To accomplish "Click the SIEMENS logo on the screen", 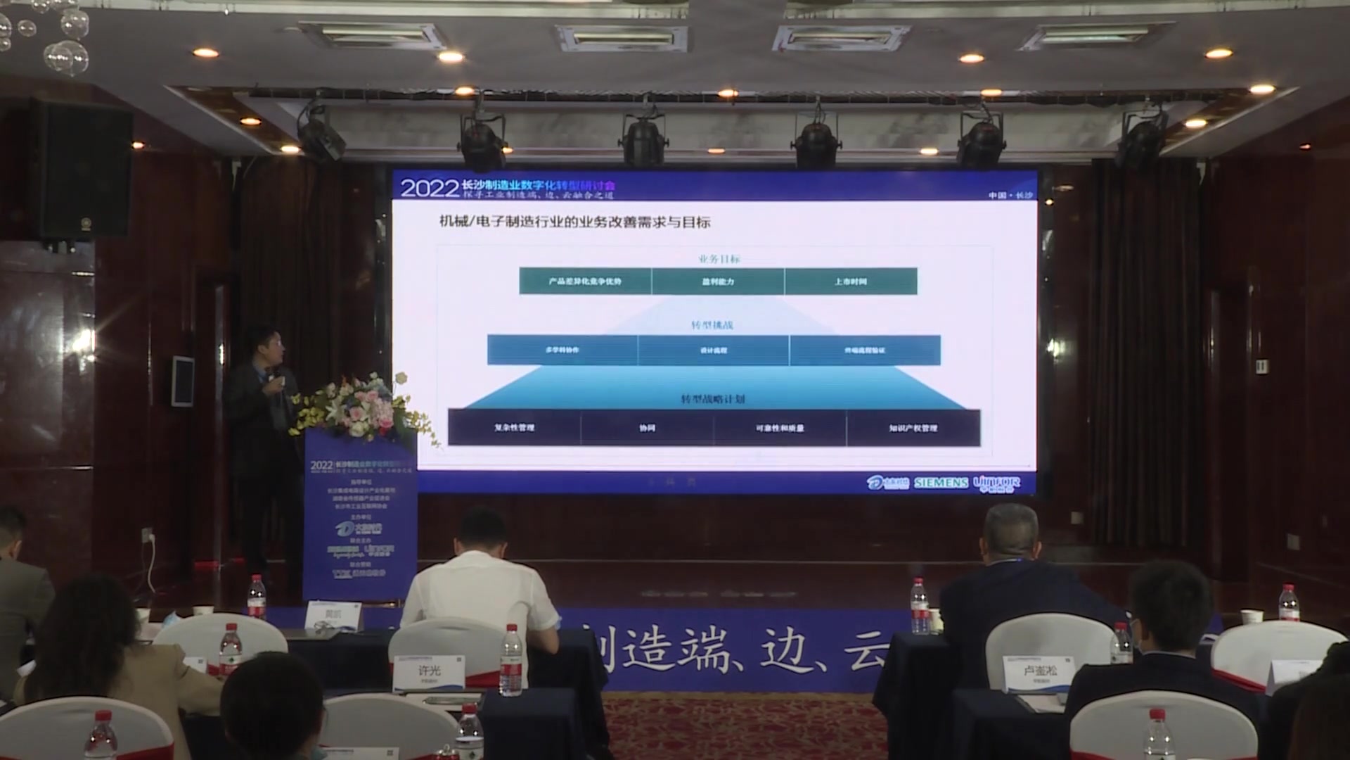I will coord(941,483).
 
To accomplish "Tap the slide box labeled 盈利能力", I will coord(717,281).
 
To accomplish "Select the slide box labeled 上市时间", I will coord(850,281).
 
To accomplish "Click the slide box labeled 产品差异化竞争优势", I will coord(585,281).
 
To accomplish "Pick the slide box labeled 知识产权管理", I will coord(913,428).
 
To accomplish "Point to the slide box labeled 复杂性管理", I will coord(514,428).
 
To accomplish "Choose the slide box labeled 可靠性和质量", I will coord(780,428).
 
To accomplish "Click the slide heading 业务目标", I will coord(719,259).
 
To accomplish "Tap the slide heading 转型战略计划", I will coord(712,399).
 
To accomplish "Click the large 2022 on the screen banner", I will coord(429,188).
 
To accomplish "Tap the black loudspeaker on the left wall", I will coord(82,169).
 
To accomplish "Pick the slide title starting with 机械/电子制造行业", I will coord(574,222).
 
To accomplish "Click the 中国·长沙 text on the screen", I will coord(1010,195).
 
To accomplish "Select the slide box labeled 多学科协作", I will coord(562,350).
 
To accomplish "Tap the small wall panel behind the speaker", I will coord(183,381).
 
